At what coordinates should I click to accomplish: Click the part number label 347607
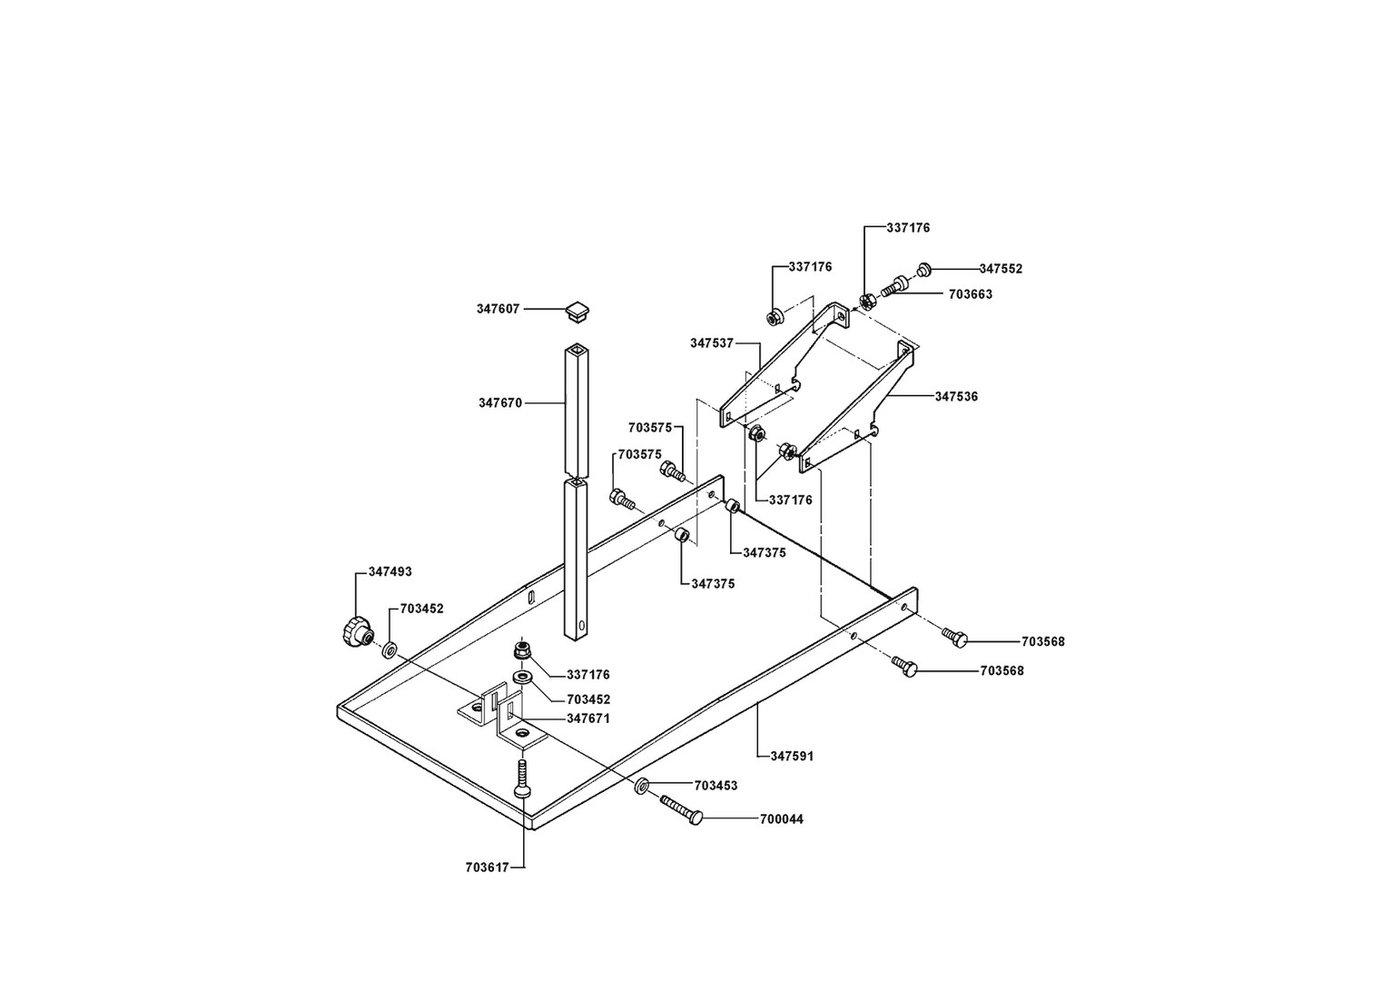pos(498,309)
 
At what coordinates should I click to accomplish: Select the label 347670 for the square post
pos(500,402)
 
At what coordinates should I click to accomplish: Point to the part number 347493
pos(390,572)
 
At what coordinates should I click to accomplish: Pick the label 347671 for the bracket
pos(588,718)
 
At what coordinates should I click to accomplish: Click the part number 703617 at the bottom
pos(487,867)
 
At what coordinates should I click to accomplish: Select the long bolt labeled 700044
pos(680,809)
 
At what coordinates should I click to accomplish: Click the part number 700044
pos(781,819)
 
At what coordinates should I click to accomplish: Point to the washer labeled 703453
pos(642,785)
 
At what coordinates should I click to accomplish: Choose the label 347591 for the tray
pos(792,755)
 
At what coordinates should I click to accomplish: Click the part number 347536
pos(956,397)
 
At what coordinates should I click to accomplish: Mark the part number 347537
pos(712,342)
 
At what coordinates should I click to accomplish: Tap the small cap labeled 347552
pos(923,269)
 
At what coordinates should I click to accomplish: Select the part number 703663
pos(971,294)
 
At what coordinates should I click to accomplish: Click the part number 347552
pos(1001,269)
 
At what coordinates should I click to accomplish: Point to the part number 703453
pos(716,786)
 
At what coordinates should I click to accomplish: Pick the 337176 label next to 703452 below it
pos(587,675)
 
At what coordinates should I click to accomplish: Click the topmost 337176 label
pos(908,228)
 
